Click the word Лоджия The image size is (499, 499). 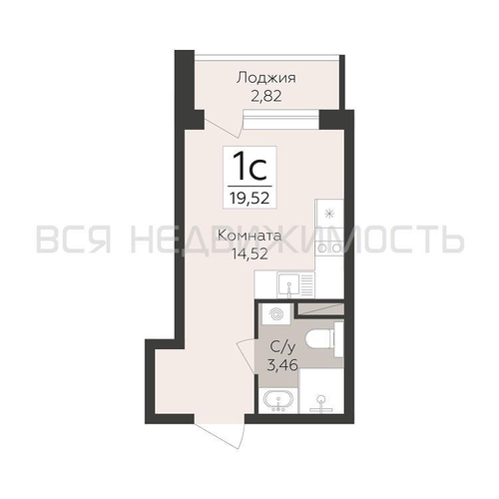click(265, 79)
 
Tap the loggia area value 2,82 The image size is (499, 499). click(266, 96)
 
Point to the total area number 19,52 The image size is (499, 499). click(249, 199)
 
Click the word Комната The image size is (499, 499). click(249, 237)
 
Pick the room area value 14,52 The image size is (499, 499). click(249, 254)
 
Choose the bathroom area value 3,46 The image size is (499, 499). click(282, 365)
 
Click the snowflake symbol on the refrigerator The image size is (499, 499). click(329, 214)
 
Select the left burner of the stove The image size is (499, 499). click(321, 248)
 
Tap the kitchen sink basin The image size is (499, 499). click(289, 285)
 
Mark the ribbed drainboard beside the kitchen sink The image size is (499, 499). click(307, 285)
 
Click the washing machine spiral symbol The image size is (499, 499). click(275, 314)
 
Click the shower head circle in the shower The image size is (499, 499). click(321, 399)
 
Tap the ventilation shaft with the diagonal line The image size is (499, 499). click(320, 308)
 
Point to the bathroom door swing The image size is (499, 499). click(247, 357)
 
